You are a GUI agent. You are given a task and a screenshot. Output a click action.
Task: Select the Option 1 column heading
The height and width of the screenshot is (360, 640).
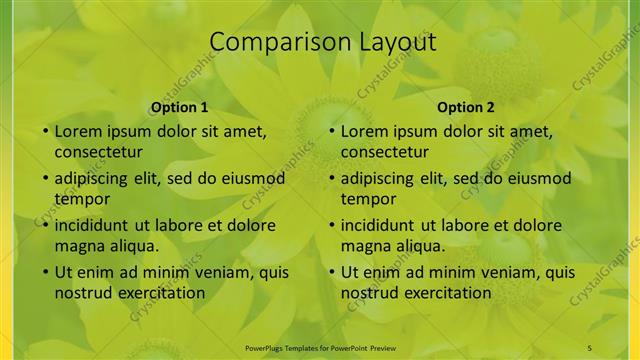point(179,107)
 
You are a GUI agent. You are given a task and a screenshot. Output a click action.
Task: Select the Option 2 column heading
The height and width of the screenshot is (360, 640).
point(466,107)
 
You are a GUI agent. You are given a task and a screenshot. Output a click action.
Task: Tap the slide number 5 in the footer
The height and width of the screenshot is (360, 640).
point(590,346)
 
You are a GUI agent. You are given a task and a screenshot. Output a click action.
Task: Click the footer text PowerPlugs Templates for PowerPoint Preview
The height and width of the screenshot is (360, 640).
point(319,346)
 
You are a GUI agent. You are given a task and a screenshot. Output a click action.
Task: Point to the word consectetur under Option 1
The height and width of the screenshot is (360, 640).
point(98,152)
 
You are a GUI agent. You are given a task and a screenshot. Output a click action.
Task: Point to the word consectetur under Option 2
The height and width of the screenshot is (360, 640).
point(384,152)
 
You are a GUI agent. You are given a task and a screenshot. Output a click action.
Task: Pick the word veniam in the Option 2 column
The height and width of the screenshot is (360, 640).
point(487,272)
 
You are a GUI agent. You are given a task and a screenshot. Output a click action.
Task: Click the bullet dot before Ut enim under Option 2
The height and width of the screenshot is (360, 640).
point(331,272)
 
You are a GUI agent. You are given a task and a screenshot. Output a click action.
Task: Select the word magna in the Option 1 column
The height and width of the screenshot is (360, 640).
point(78,245)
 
